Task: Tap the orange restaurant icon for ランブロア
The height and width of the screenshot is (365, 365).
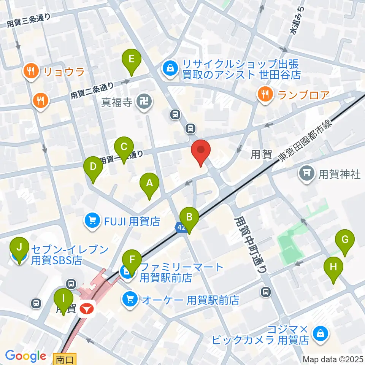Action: click(x=265, y=94)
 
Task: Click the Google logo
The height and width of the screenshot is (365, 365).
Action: click(x=25, y=356)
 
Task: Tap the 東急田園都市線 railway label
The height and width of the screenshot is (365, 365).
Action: click(x=305, y=140)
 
